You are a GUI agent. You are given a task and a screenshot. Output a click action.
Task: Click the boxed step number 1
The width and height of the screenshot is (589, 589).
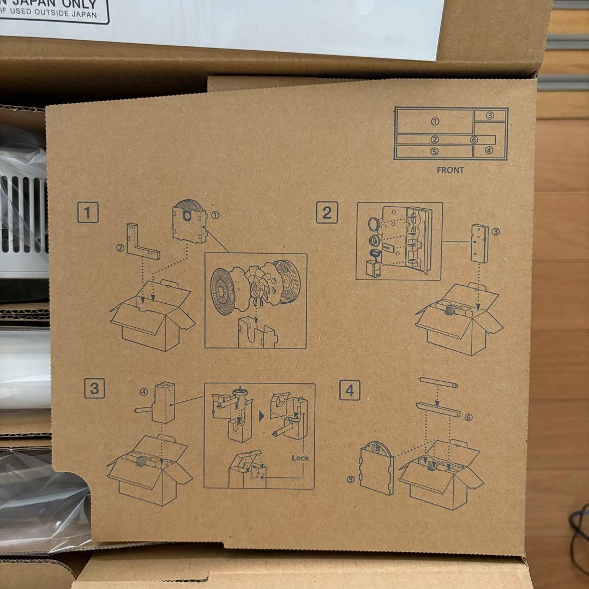[x=88, y=212]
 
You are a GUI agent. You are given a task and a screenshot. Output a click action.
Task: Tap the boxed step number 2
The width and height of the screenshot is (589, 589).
[x=327, y=212]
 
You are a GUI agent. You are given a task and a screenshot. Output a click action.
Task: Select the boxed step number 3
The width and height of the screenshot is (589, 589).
[x=94, y=388]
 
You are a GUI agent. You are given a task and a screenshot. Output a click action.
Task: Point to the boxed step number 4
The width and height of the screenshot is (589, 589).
[x=350, y=390]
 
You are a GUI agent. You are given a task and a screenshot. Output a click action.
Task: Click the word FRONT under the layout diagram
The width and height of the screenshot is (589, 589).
[x=450, y=170]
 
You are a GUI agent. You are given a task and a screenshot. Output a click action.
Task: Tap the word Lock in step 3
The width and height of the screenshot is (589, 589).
[x=300, y=458]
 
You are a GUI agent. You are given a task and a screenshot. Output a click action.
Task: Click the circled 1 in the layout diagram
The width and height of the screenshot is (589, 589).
[x=435, y=121]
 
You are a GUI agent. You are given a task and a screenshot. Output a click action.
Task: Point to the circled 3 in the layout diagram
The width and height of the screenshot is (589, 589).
[x=489, y=115]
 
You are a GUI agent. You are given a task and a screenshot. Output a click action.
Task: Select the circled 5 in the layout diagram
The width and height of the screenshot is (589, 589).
[x=434, y=152]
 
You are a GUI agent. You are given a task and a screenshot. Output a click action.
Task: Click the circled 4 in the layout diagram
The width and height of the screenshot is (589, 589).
[x=489, y=150]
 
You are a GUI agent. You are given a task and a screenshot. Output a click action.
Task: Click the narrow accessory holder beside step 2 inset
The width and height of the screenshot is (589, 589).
[x=479, y=243]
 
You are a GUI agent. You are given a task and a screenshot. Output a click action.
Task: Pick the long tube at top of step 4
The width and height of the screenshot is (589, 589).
[x=438, y=382]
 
